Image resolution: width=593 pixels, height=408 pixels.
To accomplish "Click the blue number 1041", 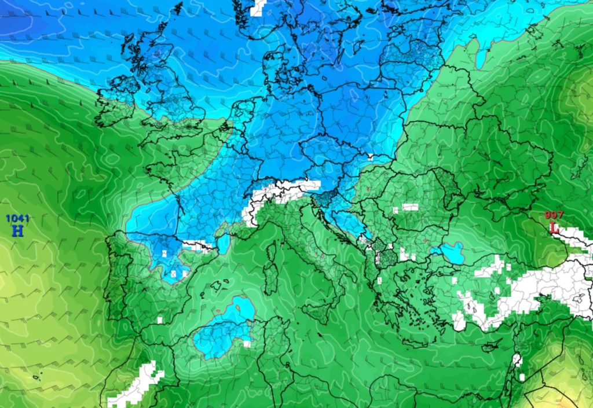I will pos(17,218).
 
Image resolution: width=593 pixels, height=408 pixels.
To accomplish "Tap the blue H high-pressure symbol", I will pos(18,230).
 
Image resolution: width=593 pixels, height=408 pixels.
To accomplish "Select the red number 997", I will pos(554,215).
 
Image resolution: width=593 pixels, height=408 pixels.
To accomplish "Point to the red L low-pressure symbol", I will pos(554,227).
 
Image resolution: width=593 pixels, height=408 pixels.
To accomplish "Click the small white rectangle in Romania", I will pos(410,207).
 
